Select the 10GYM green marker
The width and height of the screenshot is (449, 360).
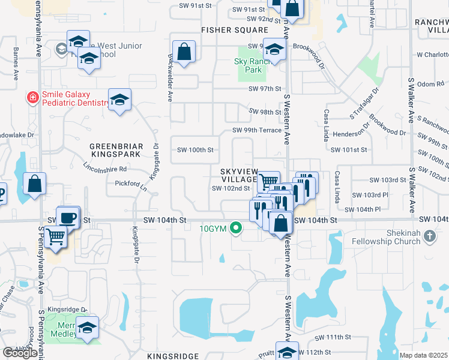(x=237, y=227)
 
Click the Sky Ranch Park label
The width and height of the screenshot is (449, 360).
(x=248, y=65)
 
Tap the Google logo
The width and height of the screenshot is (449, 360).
(x=20, y=352)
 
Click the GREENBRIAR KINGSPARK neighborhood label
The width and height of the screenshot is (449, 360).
(x=115, y=150)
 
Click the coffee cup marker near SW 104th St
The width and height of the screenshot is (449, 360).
(x=68, y=217)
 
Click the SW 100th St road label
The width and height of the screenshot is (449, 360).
(x=194, y=149)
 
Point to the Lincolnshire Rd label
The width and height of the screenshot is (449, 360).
(x=106, y=169)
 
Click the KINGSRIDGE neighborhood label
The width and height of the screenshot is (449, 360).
(x=172, y=356)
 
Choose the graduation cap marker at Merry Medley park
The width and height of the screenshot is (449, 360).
(x=88, y=328)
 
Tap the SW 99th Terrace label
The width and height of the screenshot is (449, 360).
(x=257, y=131)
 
